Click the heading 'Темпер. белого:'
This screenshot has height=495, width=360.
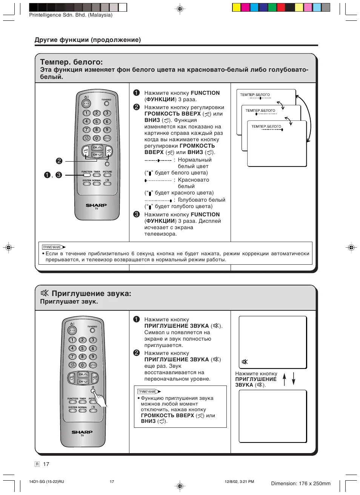click(71, 62)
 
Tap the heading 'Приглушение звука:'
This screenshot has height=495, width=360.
click(91, 293)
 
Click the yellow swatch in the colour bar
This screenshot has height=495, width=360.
click(236, 8)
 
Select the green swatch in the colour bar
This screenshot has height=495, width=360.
click(272, 8)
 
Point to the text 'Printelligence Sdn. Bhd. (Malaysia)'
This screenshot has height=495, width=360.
click(71, 15)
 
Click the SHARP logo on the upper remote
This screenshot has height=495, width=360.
click(96, 205)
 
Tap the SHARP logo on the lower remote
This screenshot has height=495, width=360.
click(82, 432)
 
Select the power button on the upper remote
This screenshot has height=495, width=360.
click(86, 103)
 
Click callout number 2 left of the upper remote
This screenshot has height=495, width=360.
click(59, 161)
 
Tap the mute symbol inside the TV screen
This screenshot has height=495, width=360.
click(245, 362)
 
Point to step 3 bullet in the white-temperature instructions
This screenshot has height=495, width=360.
click(137, 214)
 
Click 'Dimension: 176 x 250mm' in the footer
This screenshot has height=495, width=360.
click(300, 483)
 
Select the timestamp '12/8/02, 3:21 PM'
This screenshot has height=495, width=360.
click(239, 481)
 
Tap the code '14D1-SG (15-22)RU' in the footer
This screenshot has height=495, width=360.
click(46, 481)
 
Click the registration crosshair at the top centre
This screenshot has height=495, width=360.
click(180, 8)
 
